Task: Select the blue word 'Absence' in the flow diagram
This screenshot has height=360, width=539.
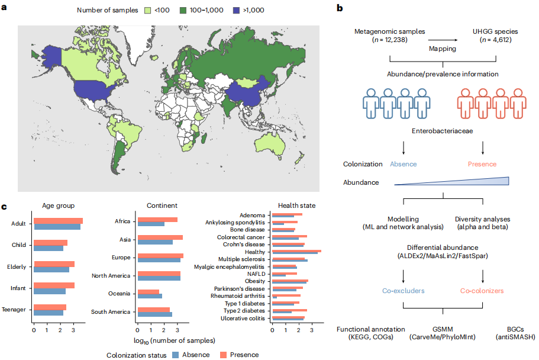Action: coord(403,164)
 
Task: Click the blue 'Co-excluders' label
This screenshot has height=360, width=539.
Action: coord(403,291)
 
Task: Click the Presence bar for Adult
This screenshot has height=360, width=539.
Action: coord(58,221)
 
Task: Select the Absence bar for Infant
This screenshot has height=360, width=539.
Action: coord(50,291)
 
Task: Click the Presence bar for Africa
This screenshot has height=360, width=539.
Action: coord(156,220)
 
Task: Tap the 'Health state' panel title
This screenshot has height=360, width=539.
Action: coord(296,205)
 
